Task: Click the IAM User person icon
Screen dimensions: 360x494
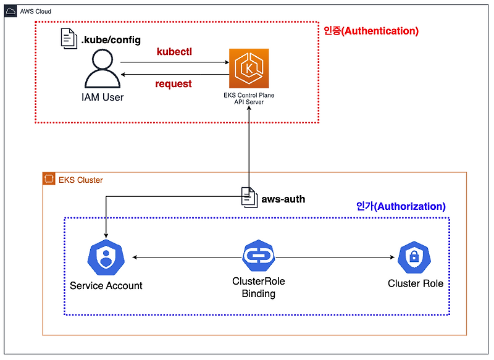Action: click(103, 69)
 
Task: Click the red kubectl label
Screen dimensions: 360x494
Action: click(174, 52)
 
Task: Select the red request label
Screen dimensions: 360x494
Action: click(174, 83)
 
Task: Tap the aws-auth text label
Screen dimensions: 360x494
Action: click(283, 199)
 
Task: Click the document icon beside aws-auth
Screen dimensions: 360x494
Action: click(249, 198)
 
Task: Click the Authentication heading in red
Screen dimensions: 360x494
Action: click(371, 30)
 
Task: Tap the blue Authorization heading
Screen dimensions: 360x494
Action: click(401, 206)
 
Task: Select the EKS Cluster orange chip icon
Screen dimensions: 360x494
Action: click(49, 180)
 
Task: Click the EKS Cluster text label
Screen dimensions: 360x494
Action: click(81, 180)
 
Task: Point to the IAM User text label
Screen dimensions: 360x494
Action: click(103, 97)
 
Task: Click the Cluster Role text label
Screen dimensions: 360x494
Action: click(416, 283)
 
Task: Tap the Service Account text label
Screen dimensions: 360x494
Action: click(106, 286)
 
